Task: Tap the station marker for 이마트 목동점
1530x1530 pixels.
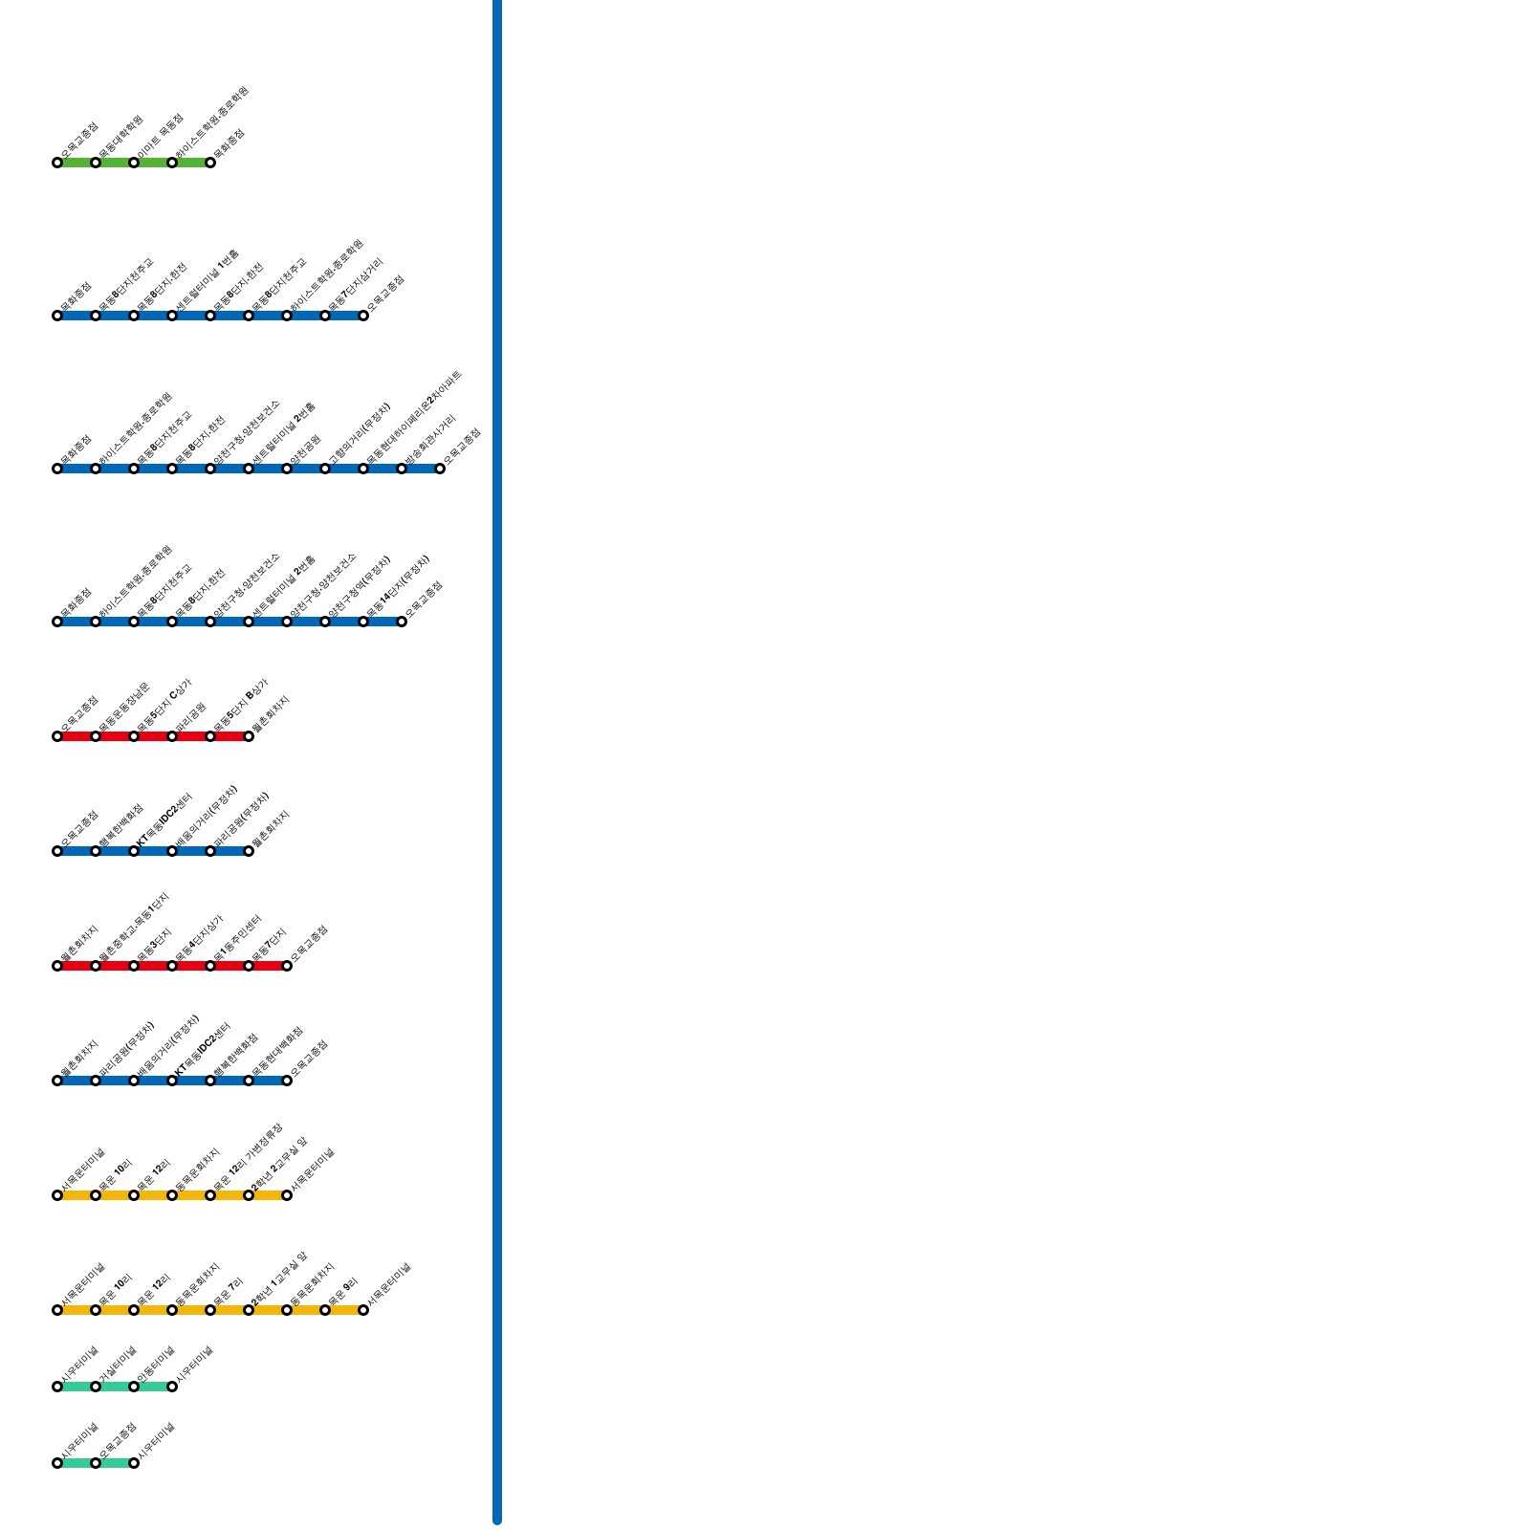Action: (134, 163)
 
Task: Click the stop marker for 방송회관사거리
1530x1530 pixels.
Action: (402, 469)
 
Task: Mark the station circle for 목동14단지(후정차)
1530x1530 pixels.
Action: (363, 622)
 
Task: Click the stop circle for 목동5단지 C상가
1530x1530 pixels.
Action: (134, 736)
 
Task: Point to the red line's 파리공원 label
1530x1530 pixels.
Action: (190, 718)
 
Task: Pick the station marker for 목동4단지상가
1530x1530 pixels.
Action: (172, 966)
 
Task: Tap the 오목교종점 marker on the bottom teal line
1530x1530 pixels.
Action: (96, 1463)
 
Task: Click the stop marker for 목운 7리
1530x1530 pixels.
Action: (210, 1310)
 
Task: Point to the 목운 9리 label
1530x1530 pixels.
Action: (342, 1292)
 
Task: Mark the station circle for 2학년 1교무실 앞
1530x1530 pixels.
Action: (249, 1310)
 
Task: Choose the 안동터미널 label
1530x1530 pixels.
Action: (155, 1365)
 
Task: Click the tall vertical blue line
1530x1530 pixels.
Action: (497, 765)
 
